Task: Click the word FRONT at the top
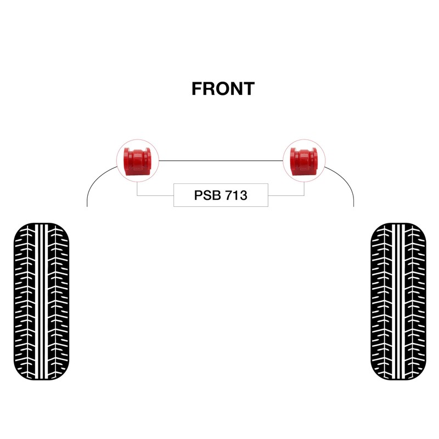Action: click(x=223, y=89)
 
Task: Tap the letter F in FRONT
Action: click(x=196, y=89)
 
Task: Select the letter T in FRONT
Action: click(x=249, y=89)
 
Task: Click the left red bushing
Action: click(x=138, y=161)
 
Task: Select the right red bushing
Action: click(x=304, y=161)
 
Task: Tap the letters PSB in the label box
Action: click(x=207, y=195)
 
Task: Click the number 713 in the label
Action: click(x=236, y=195)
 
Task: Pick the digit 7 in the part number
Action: click(x=228, y=195)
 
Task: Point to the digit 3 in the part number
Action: click(x=243, y=195)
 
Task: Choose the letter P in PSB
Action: click(x=198, y=195)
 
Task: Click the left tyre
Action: click(x=41, y=301)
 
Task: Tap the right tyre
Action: click(x=398, y=301)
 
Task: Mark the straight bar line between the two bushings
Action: click(x=221, y=161)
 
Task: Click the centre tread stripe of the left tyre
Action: click(x=42, y=301)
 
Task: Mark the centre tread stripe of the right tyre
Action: click(x=398, y=301)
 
